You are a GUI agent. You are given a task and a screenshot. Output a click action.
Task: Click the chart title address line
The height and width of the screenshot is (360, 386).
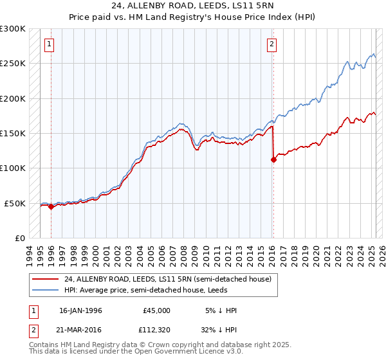point(193,7)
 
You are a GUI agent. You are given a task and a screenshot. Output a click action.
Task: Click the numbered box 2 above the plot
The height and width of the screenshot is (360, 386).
point(272,44)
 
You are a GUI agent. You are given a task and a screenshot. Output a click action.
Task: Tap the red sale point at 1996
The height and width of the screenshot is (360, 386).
point(51,206)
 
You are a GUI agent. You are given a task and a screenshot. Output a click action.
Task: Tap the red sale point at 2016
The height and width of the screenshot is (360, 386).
point(273,160)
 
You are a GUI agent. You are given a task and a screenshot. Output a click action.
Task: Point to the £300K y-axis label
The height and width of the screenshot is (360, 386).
point(13,29)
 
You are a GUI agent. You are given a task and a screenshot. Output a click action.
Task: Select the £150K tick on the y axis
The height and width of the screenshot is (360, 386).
point(13,133)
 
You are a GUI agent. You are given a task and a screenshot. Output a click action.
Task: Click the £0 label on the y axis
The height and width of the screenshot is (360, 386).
point(19,238)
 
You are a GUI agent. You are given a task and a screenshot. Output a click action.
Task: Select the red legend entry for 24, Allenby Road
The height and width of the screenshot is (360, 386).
point(168,279)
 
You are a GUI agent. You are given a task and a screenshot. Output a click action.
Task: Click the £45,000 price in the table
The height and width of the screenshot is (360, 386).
point(156,310)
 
